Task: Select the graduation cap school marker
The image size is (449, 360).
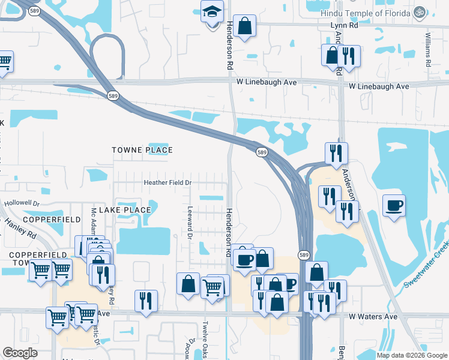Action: [x=211, y=13]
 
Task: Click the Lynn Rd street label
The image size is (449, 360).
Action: [x=345, y=26]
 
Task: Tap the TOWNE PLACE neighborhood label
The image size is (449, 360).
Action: [x=142, y=150]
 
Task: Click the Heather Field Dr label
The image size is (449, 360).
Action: [x=166, y=182]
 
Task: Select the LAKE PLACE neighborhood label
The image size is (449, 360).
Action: [x=125, y=210]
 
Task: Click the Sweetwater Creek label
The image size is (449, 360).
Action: [x=427, y=264]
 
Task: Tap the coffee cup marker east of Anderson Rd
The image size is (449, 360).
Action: [x=394, y=206]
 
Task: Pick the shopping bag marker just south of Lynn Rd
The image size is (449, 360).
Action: [x=244, y=26]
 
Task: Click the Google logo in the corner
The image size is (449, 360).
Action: [x=20, y=353]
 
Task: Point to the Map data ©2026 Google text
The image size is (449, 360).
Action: [x=412, y=355]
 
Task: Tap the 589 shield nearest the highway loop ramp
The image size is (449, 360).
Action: [x=113, y=95]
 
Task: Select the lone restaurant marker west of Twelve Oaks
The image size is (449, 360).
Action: [x=146, y=300]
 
